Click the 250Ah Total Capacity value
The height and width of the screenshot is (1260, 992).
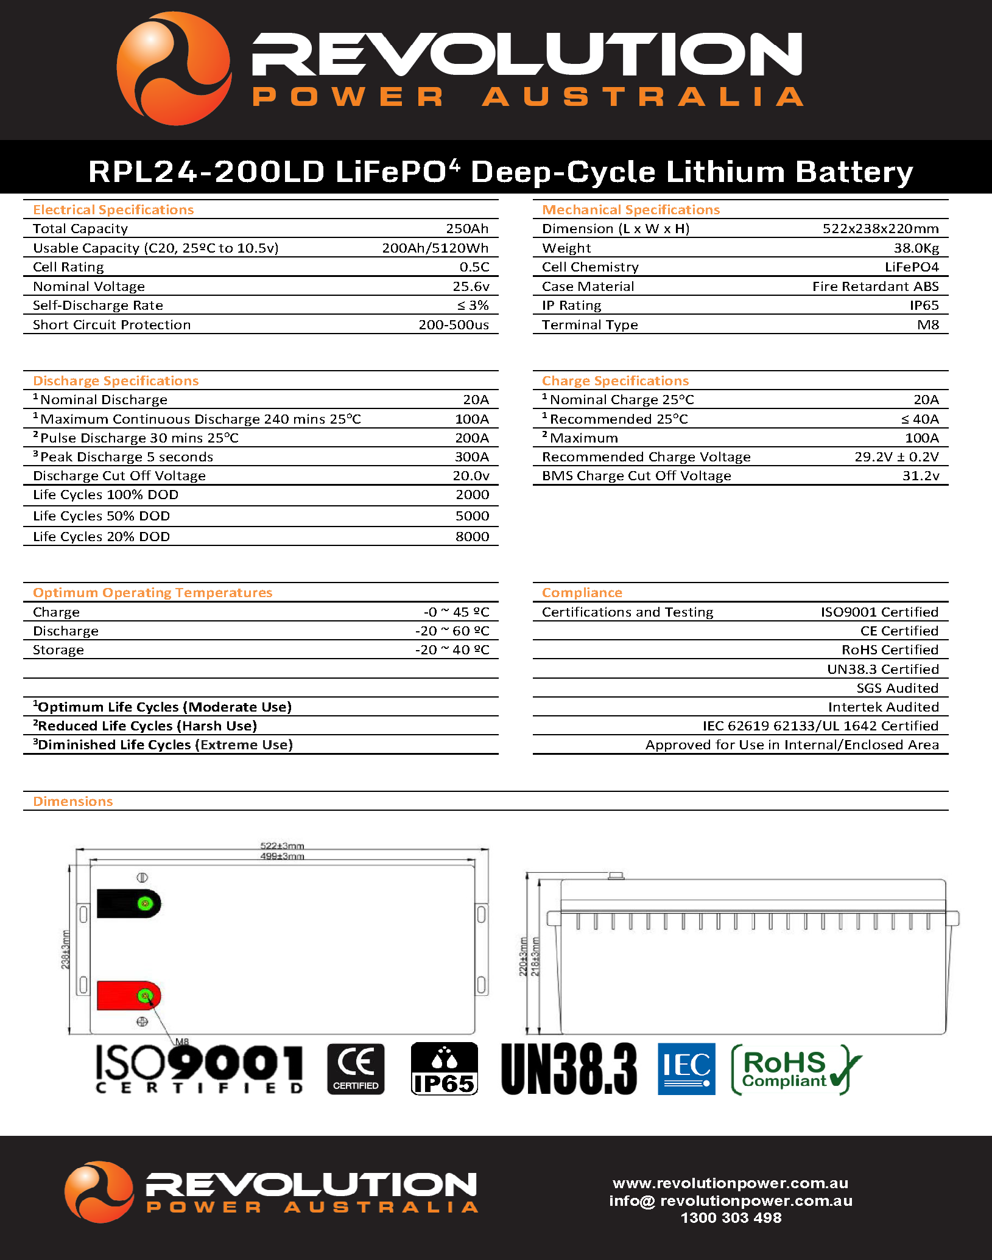467,229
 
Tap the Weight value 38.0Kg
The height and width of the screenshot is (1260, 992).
916,248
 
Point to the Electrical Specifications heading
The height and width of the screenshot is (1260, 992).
113,210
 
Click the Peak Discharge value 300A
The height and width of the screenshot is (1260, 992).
472,457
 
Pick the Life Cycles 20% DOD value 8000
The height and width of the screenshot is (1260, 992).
472,537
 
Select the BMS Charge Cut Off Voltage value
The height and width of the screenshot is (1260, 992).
921,476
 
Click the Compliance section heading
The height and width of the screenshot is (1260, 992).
582,593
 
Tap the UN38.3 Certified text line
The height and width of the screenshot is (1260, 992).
882,670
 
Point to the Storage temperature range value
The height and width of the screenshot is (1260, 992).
452,650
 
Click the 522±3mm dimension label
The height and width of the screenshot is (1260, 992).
282,845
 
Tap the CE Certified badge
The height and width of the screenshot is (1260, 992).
356,1069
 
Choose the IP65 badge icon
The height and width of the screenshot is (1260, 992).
444,1069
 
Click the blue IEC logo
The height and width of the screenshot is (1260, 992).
686,1069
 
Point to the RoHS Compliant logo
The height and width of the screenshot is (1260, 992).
795,1069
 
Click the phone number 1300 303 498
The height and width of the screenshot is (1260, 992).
731,1218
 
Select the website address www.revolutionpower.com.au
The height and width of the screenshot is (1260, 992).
730,1183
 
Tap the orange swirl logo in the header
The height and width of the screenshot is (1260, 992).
174,69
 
